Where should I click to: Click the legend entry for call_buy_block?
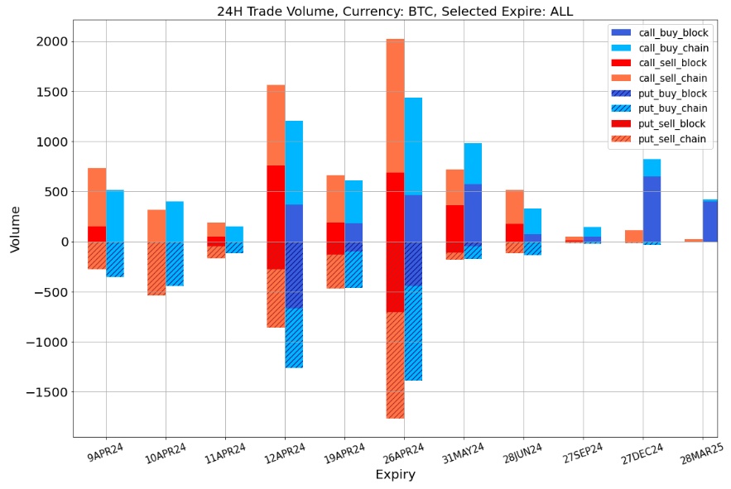click(x=672, y=32)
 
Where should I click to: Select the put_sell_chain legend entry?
click(x=672, y=139)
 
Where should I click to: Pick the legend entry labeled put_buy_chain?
click(x=672, y=108)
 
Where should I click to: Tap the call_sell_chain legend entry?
click(x=672, y=78)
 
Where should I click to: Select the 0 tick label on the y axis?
click(x=64, y=242)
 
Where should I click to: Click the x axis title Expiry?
click(x=395, y=475)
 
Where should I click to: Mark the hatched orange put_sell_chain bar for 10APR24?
click(x=156, y=268)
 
